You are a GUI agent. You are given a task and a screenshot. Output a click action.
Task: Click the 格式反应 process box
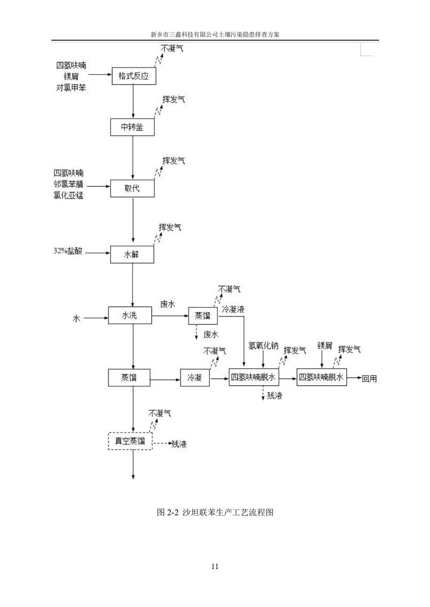tap(133, 76)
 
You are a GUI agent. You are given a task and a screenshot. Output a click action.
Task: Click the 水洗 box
tap(130, 316)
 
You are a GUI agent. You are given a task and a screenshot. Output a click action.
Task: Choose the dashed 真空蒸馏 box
tap(130, 441)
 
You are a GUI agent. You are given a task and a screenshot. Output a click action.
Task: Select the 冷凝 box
tap(195, 378)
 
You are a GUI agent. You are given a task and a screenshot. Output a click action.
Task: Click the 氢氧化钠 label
tap(263, 347)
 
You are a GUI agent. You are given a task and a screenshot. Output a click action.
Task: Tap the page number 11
tap(215, 566)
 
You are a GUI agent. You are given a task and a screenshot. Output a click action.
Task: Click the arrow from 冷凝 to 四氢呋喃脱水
tap(219, 378)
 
